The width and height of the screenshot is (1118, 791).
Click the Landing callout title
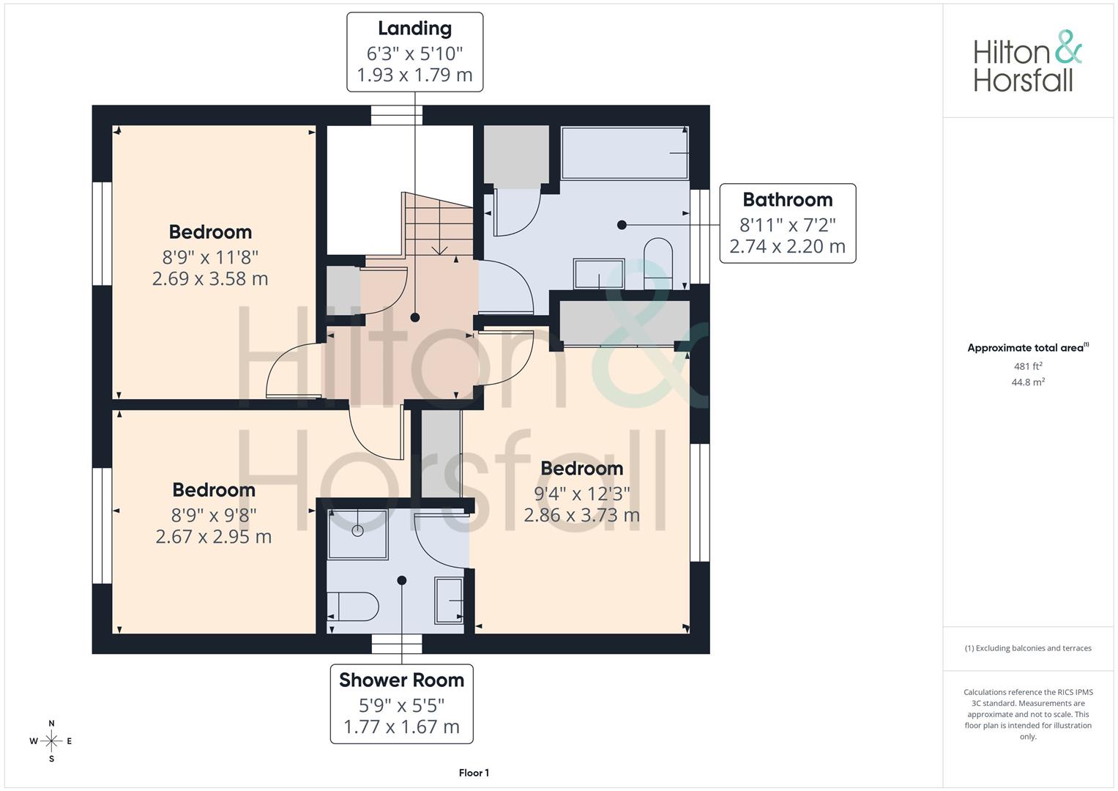tap(414, 29)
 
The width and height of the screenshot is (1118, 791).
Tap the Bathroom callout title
tap(788, 200)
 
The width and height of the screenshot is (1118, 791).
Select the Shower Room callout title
tap(402, 680)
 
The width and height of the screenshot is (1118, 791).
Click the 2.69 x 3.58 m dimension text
tap(210, 278)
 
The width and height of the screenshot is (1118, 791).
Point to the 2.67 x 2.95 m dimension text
tap(214, 537)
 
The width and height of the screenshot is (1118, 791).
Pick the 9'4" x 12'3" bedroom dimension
tap(582, 494)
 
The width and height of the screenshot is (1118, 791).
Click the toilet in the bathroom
tap(658, 264)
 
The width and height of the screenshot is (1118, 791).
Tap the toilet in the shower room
tap(353, 606)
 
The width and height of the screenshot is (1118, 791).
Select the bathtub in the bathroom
tap(625, 153)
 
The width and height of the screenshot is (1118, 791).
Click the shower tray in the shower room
tap(358, 534)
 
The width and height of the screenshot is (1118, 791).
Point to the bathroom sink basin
tap(599, 274)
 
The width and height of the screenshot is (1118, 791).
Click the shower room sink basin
tap(450, 601)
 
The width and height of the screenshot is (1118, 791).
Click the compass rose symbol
tap(51, 741)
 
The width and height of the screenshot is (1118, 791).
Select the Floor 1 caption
tap(474, 773)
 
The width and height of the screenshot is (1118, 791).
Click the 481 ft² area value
tap(1028, 366)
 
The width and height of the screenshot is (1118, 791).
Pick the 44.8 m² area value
tap(1028, 382)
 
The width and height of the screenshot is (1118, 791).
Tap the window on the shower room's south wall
tap(397, 644)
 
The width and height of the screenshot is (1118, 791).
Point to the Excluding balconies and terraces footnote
tap(1028, 648)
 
